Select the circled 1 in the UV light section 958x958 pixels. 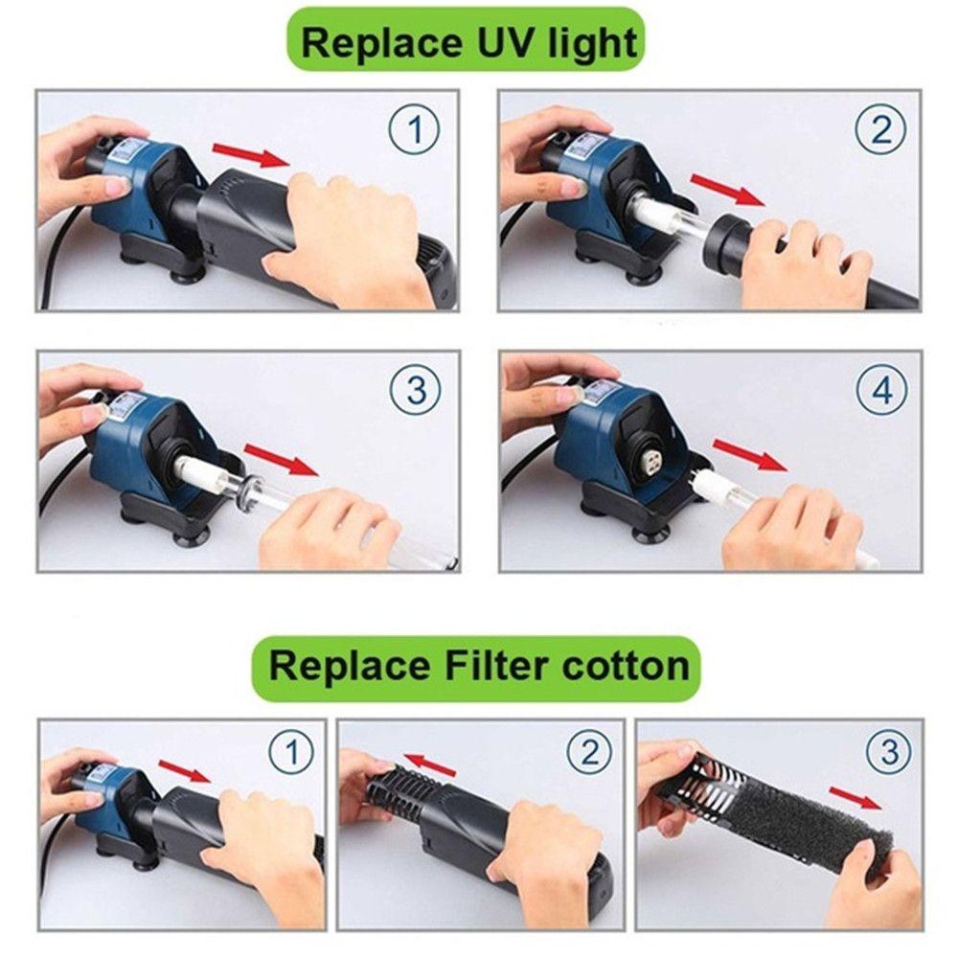point(415,130)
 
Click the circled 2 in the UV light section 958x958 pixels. point(881,130)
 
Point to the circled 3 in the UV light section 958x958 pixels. point(416,390)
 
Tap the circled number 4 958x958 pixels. point(881,390)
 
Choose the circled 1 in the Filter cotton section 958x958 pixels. point(291,752)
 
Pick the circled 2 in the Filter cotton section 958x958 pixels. point(588,752)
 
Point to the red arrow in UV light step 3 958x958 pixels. point(281,460)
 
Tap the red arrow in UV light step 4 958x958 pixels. point(750,455)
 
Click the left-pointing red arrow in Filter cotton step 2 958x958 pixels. point(429,765)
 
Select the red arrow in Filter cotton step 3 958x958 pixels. point(855,797)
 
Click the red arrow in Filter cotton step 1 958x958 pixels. point(185,771)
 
